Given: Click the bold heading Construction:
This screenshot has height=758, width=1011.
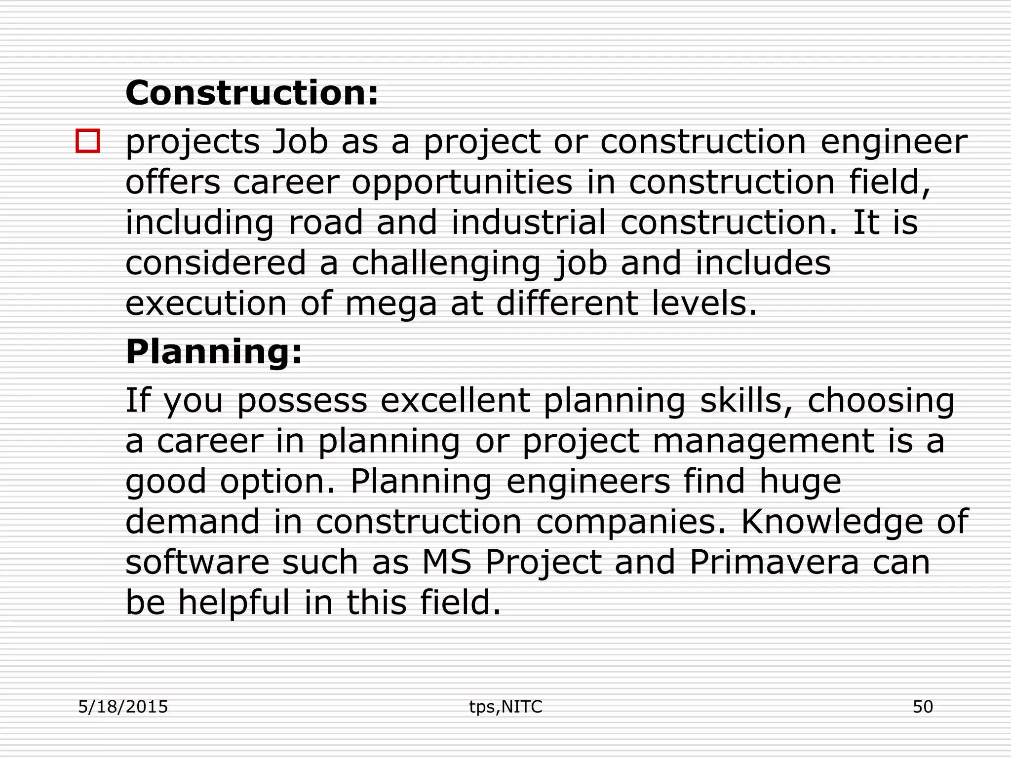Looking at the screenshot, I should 252,93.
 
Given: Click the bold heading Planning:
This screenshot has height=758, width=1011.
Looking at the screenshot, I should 214,352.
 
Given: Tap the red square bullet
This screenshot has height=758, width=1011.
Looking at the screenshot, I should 88,141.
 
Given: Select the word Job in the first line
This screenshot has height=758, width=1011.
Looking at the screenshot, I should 300,142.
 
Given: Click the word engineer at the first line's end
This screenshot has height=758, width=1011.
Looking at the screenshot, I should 894,143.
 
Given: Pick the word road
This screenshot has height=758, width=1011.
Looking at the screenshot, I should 326,223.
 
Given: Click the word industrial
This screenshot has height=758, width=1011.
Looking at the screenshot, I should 528,223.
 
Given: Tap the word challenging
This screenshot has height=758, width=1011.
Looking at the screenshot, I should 446,264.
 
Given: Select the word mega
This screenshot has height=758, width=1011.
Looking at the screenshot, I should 391,304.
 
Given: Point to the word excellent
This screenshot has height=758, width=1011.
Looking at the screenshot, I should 455,400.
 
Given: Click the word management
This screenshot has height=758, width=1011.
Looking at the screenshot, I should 763,441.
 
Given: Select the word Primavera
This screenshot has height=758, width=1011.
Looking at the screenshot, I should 774,562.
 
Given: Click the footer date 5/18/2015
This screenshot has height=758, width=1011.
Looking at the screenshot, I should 123,707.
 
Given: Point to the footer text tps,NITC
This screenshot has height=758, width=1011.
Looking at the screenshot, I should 505,707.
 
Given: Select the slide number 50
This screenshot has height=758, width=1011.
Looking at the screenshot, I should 923,707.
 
